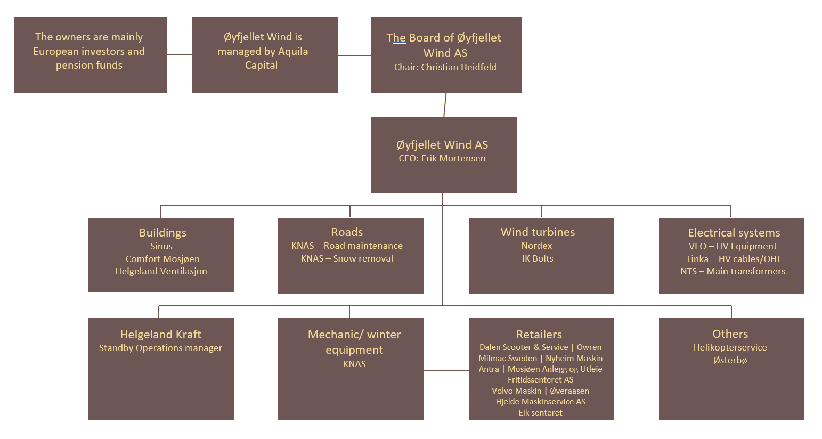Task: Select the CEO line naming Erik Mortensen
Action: (x=442, y=158)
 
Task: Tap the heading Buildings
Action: (x=162, y=233)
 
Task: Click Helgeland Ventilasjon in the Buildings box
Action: (x=161, y=271)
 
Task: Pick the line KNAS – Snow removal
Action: (x=347, y=258)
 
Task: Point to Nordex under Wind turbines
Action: (x=536, y=246)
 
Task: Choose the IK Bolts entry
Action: (x=538, y=258)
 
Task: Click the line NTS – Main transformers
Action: (x=733, y=271)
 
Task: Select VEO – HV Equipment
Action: (x=733, y=246)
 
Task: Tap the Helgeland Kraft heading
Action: (x=160, y=335)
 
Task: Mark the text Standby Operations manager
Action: (x=160, y=348)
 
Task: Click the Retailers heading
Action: (x=539, y=335)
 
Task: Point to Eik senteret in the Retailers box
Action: (x=540, y=412)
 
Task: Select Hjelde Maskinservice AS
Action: (x=540, y=401)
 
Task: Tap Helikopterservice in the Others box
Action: (x=730, y=347)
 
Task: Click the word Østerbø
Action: (x=730, y=360)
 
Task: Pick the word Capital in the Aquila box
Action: (x=261, y=65)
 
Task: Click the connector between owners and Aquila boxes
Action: (x=180, y=54)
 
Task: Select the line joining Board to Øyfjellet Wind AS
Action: (x=445, y=105)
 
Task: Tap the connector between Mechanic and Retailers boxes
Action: (x=446, y=371)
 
